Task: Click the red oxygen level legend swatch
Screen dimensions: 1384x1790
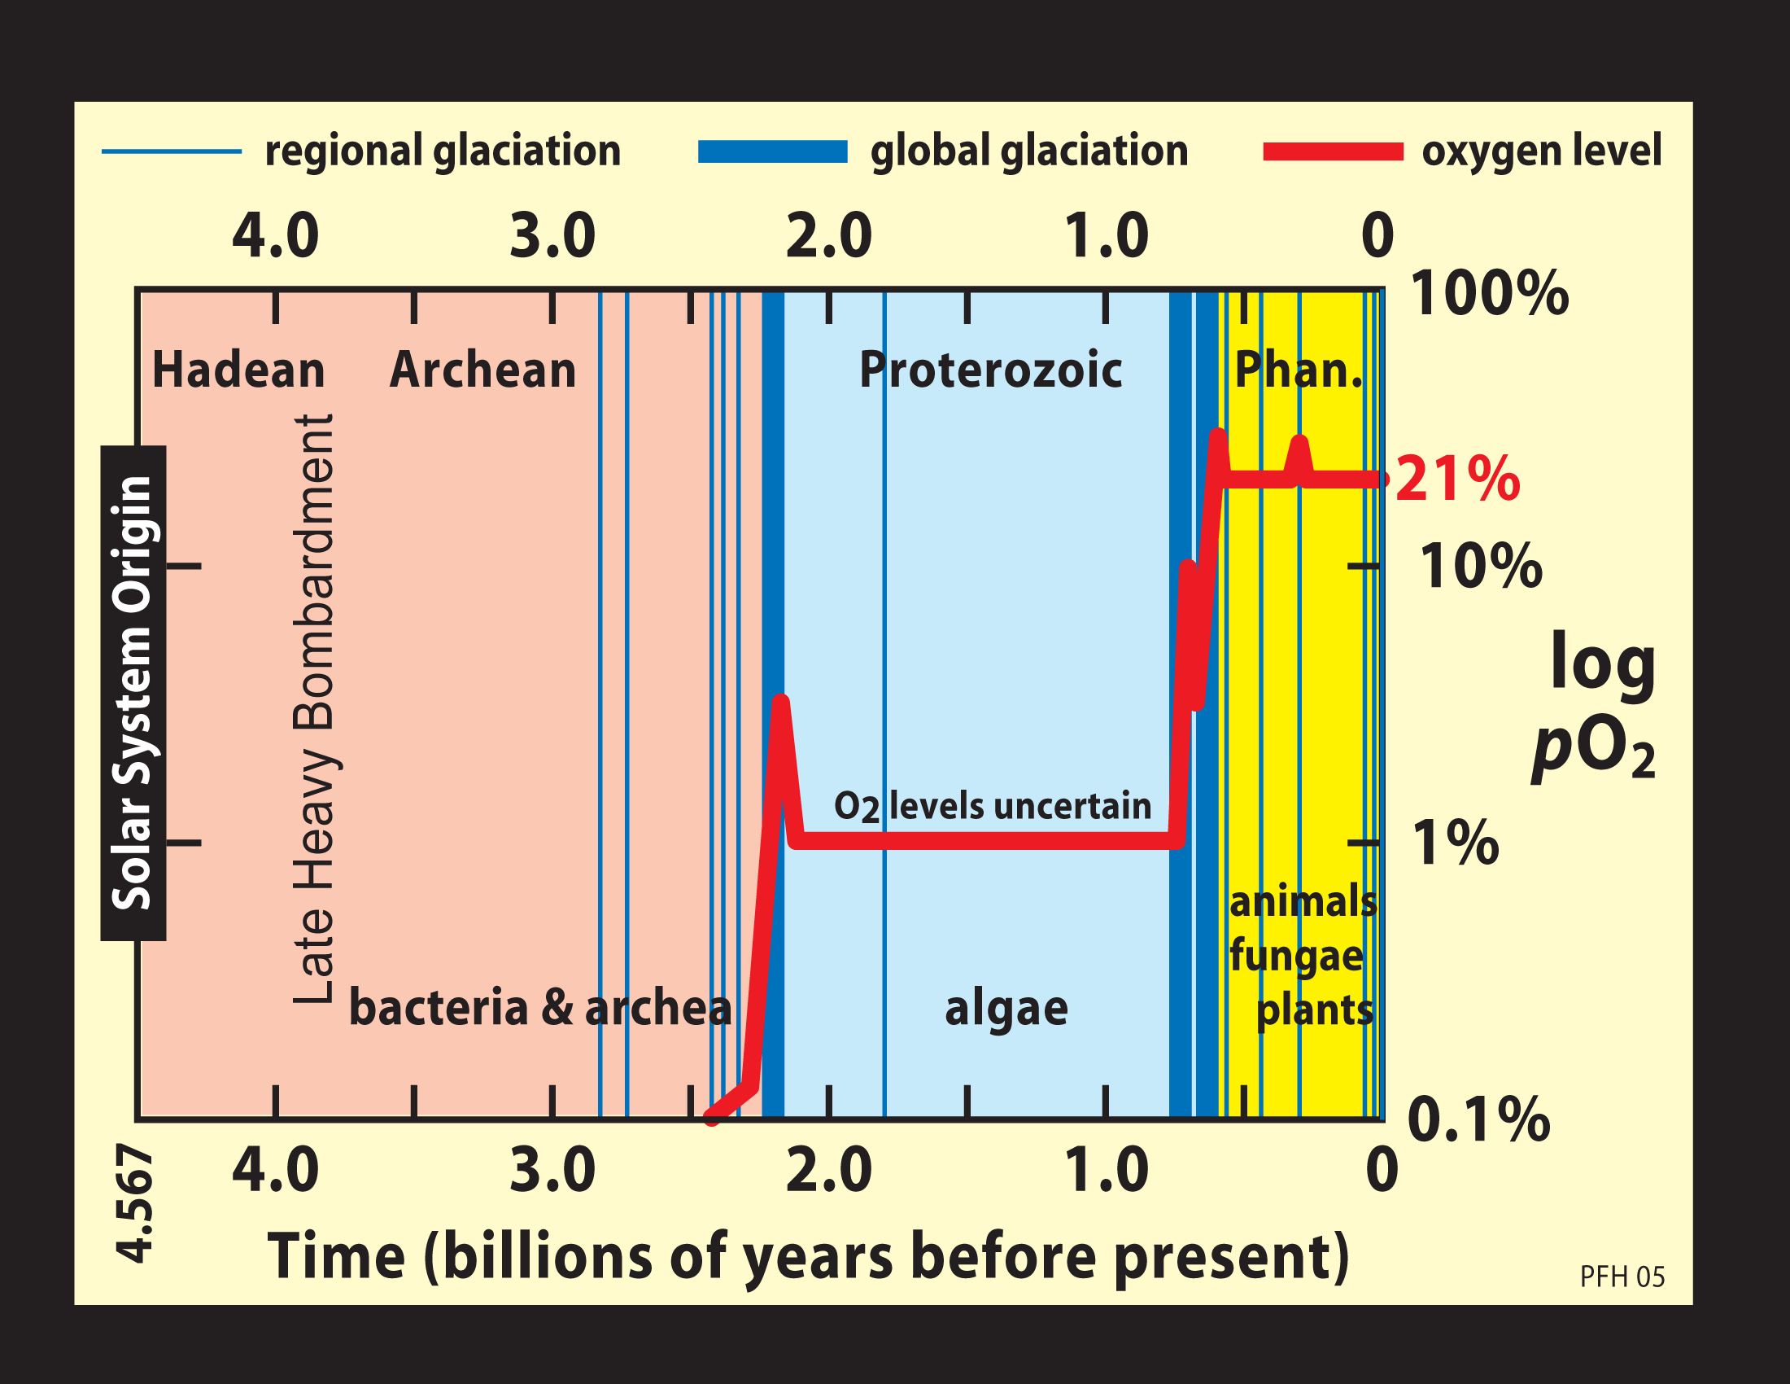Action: tap(1333, 151)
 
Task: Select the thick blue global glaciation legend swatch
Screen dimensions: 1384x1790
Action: tap(772, 151)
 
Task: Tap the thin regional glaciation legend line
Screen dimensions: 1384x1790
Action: tap(172, 151)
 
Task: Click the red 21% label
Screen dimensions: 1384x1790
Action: tap(1457, 479)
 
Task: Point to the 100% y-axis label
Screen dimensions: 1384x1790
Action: tap(1488, 294)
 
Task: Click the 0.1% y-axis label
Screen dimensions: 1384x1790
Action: tap(1478, 1119)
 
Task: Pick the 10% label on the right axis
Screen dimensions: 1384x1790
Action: tap(1480, 566)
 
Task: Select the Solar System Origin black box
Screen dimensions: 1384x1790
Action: tap(133, 693)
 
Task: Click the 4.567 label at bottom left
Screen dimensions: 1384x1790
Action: tap(133, 1204)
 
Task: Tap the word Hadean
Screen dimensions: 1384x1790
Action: tap(238, 370)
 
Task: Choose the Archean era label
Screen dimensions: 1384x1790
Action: tap(482, 370)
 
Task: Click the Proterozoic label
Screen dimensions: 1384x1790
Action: tap(990, 370)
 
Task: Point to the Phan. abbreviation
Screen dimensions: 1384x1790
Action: tap(1299, 370)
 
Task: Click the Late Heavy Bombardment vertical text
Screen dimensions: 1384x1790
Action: tap(314, 709)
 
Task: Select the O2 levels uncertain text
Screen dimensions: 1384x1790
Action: tap(992, 807)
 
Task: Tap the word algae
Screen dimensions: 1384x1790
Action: tap(1006, 1009)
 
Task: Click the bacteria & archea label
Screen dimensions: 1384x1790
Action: tap(540, 1009)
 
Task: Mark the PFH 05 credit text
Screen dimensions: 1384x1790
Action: tap(1622, 1277)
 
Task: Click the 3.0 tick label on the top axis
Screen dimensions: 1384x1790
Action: tap(552, 236)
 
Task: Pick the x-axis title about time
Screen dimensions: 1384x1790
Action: tap(808, 1256)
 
